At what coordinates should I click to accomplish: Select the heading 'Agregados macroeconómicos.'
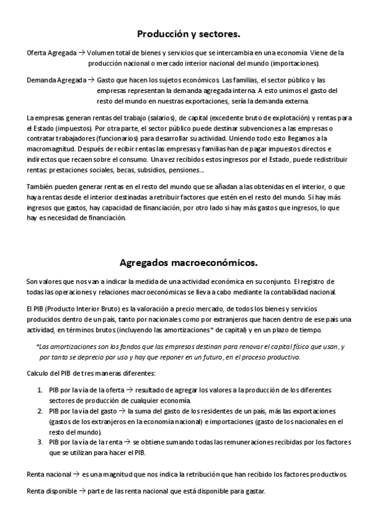pos(184,263)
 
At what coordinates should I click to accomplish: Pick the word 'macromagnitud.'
pos(52,149)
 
